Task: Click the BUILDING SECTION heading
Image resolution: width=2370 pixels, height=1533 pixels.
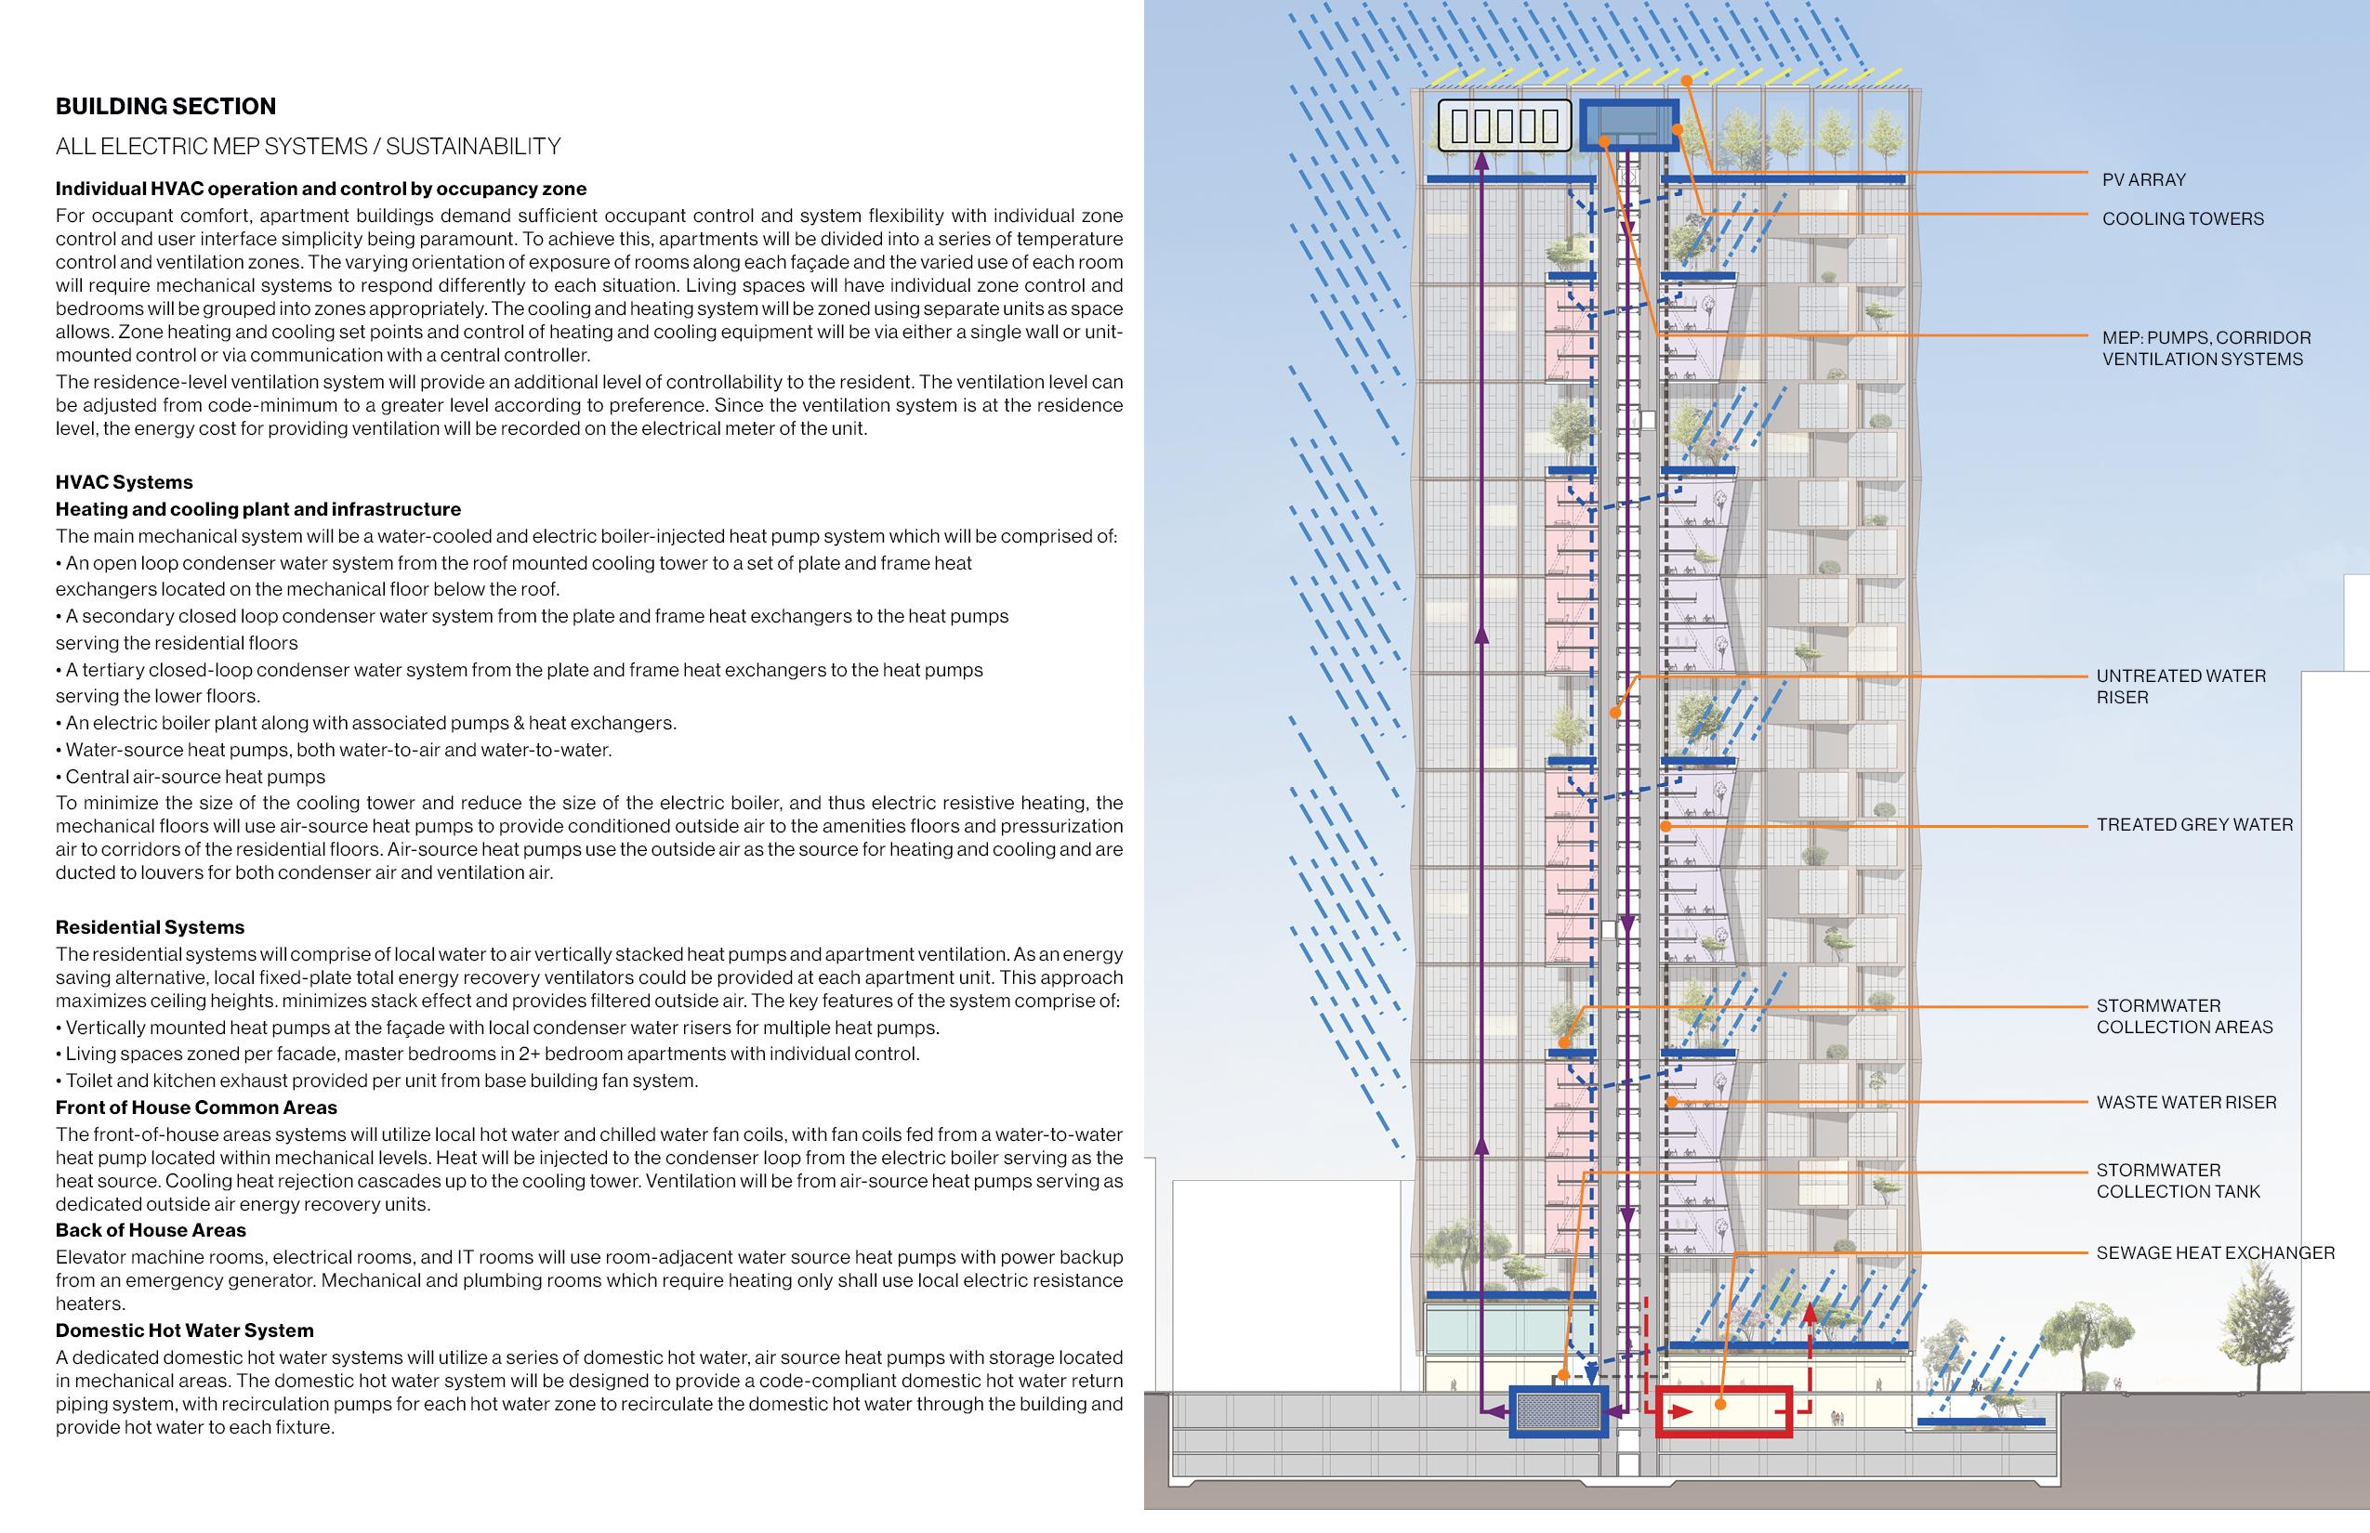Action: click(165, 107)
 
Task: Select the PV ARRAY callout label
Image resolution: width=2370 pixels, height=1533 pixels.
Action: click(2144, 180)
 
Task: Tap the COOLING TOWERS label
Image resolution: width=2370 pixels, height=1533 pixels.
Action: click(2183, 219)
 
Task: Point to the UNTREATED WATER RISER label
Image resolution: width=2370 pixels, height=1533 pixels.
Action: click(2180, 687)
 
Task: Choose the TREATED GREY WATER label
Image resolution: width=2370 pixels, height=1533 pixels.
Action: click(2194, 825)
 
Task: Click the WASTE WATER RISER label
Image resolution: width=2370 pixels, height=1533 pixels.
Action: click(2187, 1103)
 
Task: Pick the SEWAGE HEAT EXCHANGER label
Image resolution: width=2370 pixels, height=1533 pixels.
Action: click(2216, 1253)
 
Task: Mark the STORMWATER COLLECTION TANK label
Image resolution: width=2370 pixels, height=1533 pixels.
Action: click(2178, 1182)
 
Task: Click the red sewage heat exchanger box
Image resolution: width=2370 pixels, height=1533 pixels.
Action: click(1724, 1411)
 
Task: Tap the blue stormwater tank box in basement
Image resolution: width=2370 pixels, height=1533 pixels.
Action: click(1559, 1411)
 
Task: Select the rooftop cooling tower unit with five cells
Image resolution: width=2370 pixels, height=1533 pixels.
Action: click(1505, 126)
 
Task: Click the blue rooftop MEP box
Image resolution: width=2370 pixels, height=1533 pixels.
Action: click(1629, 124)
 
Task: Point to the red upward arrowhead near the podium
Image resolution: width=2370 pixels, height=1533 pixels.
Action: click(1810, 1313)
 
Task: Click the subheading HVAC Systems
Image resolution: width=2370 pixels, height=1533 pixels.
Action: click(125, 483)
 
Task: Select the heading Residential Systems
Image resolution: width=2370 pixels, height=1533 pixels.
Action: click(151, 928)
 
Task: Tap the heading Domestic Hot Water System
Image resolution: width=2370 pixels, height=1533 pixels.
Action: click(184, 1330)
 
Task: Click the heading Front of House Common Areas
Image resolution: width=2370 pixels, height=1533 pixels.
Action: click(196, 1107)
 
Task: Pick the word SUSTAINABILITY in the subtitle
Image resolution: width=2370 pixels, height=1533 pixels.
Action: click(473, 148)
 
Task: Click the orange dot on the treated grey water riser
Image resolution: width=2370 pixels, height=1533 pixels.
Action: click(1665, 826)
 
